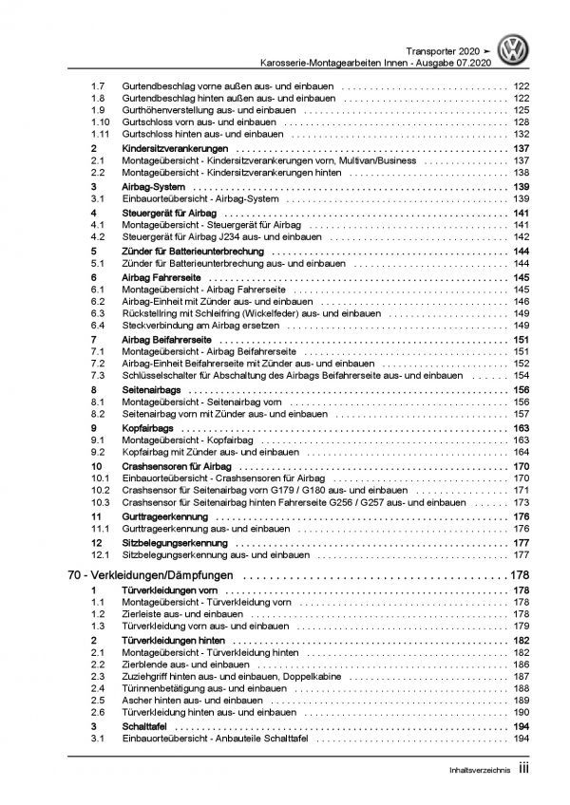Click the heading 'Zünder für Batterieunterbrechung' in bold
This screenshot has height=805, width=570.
point(183,251)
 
